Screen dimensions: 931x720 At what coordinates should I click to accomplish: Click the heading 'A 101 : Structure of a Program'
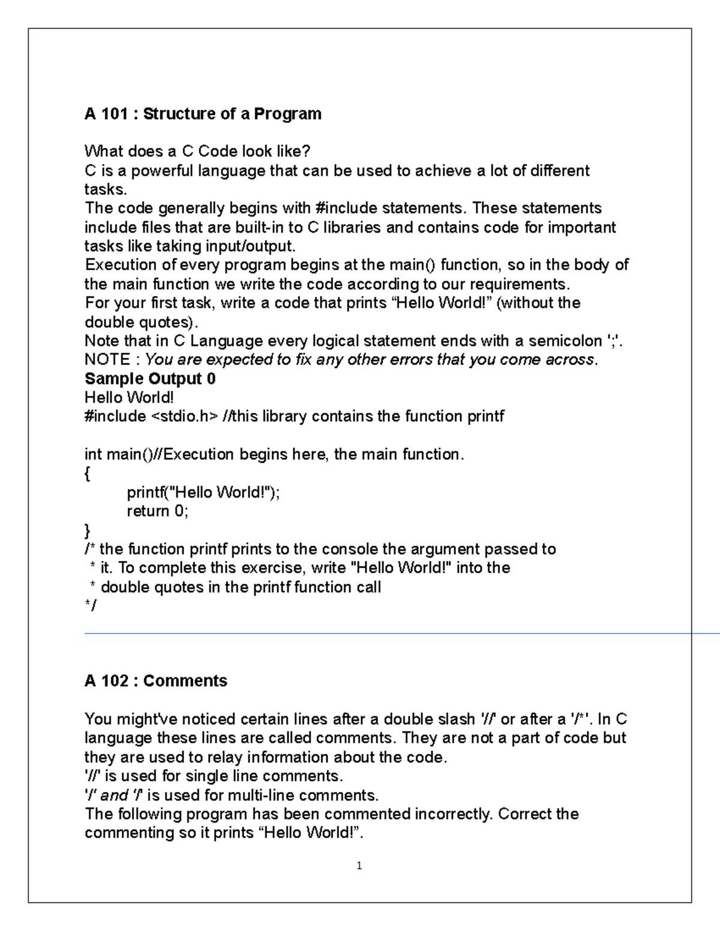pos(203,114)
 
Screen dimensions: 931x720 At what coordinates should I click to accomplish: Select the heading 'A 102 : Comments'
pos(156,681)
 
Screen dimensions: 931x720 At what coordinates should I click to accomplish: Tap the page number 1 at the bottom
pos(359,866)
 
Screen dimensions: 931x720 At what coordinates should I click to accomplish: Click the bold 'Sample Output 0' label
pos(150,379)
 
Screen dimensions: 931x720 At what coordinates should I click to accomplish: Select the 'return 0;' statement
pos(157,511)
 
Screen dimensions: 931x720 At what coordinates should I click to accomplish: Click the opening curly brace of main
pos(88,474)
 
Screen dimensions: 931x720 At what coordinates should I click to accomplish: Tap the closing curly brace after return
pos(88,531)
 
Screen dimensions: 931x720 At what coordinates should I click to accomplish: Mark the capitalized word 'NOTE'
pos(107,360)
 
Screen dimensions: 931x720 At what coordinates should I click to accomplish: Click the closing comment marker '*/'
pos(90,605)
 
